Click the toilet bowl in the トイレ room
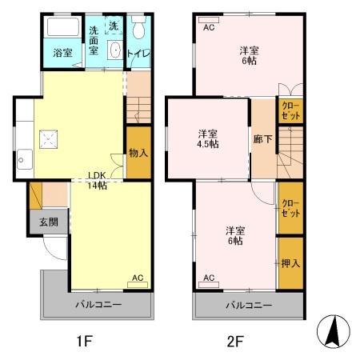(x=138, y=27)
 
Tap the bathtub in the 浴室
(x=63, y=26)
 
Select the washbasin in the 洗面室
(x=115, y=50)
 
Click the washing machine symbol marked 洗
(x=114, y=26)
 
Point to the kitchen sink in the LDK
(x=25, y=159)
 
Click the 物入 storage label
(x=138, y=153)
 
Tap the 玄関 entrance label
(x=49, y=222)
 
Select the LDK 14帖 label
(x=98, y=181)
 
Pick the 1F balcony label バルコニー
(x=98, y=304)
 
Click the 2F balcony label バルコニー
(x=249, y=305)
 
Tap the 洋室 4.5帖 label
(x=208, y=139)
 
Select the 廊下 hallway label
(x=262, y=139)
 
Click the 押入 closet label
(x=290, y=263)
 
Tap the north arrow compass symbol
(x=334, y=331)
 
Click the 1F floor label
(x=84, y=341)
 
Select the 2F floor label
(x=235, y=341)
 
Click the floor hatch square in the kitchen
(x=48, y=139)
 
